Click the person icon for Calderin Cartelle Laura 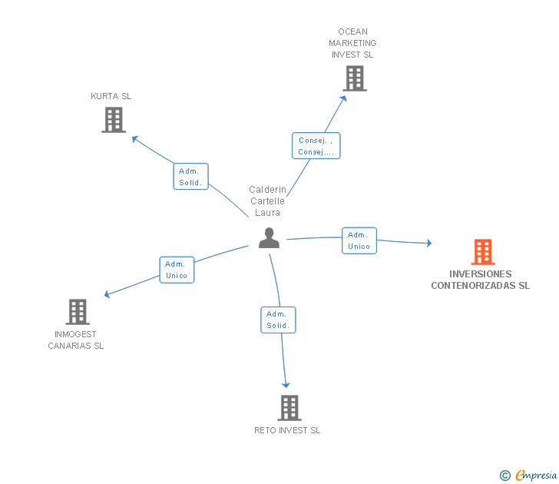coord(269,238)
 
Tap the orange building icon coord(482,252)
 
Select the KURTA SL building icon coord(114,120)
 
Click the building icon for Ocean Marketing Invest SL coord(354,78)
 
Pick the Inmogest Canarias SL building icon coord(77,312)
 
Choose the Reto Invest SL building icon coord(289,408)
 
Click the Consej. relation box coord(316,146)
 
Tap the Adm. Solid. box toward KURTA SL coord(190,177)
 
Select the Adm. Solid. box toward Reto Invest coord(278,320)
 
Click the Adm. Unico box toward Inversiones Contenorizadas coord(359,240)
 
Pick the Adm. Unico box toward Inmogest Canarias coord(177,270)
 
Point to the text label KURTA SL coord(111,96)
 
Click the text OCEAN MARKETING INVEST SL coord(352,43)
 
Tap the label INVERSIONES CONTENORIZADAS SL coord(481,280)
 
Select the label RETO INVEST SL coord(287,430)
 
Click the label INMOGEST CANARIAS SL coord(76,340)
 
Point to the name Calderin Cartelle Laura coord(267,201)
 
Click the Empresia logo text coord(536,476)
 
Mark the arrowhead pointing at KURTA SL coord(134,138)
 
